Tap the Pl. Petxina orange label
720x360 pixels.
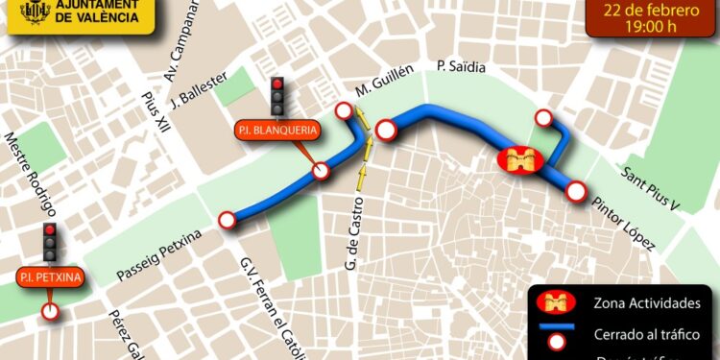click(x=50, y=278)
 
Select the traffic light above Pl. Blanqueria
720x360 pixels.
click(x=279, y=96)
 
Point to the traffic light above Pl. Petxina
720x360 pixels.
click(x=50, y=243)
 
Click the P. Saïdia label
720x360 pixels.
click(x=461, y=67)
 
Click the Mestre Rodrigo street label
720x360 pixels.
click(x=32, y=174)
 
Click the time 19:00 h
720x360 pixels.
click(x=653, y=28)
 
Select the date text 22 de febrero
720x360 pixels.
click(x=653, y=11)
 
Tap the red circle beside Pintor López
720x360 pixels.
click(x=576, y=191)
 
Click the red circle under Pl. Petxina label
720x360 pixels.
click(x=50, y=311)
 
